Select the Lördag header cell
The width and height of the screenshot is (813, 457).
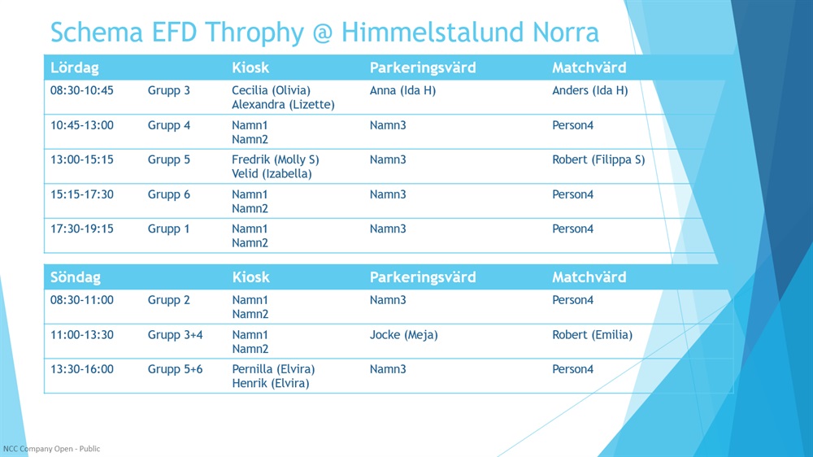pos(74,67)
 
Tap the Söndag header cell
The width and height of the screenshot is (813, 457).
pos(75,277)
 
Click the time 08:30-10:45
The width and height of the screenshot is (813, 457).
pos(81,90)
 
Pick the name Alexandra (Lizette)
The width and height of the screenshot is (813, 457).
pos(283,104)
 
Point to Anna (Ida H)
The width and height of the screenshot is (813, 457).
pos(402,90)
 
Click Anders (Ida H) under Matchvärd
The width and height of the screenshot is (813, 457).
pos(589,90)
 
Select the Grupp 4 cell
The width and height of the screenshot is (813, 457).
pos(169,125)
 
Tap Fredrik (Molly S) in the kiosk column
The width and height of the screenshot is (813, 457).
pos(276,159)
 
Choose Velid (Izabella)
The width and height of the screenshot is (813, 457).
pos(272,174)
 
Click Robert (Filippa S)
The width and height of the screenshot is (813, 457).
pos(598,159)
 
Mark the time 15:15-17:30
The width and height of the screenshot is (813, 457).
pos(81,194)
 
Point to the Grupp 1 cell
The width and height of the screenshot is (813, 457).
pos(168,229)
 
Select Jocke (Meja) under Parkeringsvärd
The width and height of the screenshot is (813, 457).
pos(403,335)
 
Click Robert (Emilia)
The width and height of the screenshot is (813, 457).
pos(592,335)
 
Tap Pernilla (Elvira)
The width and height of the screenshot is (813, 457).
pos(273,369)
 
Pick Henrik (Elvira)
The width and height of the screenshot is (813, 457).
pos(270,383)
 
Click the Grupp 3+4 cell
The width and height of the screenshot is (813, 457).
pos(176,335)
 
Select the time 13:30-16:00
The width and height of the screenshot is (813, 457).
pos(81,369)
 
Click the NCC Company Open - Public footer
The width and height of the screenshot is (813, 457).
pos(51,449)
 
